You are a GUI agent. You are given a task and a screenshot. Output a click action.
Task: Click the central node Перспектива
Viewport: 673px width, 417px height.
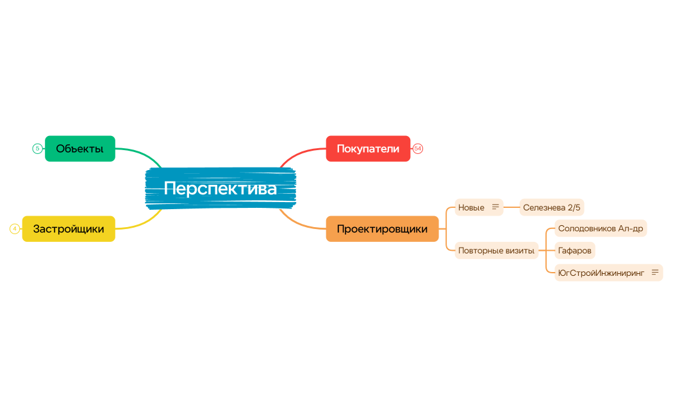coord(220,189)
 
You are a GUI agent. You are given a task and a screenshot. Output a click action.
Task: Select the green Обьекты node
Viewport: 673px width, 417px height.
coord(79,149)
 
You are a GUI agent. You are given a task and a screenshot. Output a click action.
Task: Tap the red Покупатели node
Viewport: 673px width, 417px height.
coord(368,149)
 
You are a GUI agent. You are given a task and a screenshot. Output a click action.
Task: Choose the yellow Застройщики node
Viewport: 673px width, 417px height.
coord(69,229)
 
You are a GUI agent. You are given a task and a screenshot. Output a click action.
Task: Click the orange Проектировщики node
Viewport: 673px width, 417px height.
coord(382,229)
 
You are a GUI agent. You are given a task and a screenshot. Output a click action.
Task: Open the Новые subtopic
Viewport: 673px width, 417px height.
coord(471,207)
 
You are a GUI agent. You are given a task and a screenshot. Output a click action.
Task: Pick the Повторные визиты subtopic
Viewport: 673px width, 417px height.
coord(496,251)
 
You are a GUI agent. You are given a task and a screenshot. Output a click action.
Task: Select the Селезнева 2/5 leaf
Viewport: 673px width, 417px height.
coord(551,207)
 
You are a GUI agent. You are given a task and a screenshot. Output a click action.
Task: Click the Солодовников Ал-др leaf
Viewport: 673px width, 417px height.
coord(601,228)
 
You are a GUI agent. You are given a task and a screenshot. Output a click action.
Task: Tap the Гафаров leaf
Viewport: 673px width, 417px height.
coord(575,251)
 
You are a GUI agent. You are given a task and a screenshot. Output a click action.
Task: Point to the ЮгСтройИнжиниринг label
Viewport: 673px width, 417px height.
coord(601,273)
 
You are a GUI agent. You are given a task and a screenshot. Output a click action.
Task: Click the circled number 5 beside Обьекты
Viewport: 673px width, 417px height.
coord(37,149)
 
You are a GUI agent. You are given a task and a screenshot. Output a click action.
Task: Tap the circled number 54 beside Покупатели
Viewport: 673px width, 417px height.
coord(418,149)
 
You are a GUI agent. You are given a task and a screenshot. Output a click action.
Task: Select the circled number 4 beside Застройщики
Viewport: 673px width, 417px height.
coord(15,229)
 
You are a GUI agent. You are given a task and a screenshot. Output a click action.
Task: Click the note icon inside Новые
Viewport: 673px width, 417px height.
coord(495,207)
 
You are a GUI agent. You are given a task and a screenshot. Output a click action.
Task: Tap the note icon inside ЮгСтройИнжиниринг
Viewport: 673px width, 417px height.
coord(655,273)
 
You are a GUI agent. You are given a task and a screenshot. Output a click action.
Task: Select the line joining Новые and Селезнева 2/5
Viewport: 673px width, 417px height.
coord(511,207)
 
